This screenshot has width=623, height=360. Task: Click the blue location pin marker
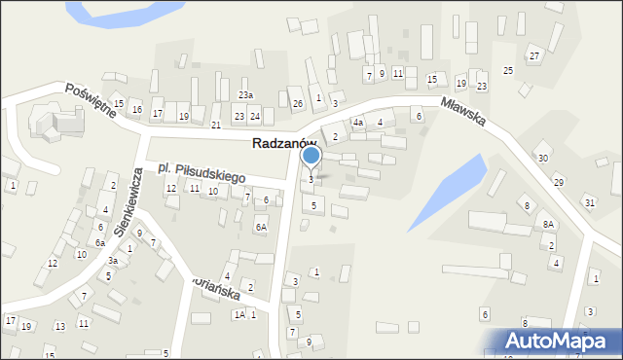click(x=311, y=156)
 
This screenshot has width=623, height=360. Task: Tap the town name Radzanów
click(x=284, y=143)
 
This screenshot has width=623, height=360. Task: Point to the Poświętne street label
click(x=91, y=98)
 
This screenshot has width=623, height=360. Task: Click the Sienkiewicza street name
click(x=128, y=200)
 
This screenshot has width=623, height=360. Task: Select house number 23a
click(x=245, y=95)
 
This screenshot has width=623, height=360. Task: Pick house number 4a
click(x=358, y=124)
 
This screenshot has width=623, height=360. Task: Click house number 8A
click(x=549, y=224)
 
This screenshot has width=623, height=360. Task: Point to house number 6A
click(x=261, y=227)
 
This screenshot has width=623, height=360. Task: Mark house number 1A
click(x=238, y=314)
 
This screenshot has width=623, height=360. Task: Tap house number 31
click(x=590, y=201)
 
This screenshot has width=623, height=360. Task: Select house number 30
click(x=543, y=158)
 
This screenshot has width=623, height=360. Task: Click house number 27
click(x=534, y=56)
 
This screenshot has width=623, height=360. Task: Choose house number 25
click(x=507, y=71)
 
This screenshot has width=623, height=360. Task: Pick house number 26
click(x=298, y=103)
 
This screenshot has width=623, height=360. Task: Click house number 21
click(x=216, y=126)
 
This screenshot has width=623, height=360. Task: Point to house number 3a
click(x=113, y=261)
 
